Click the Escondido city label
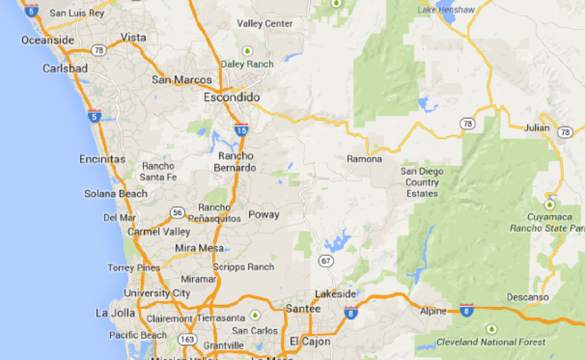tap(231, 97)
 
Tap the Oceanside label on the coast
tap(48, 40)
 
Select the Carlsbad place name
tap(64, 68)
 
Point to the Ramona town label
tap(364, 159)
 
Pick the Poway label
tap(263, 215)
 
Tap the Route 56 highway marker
tap(177, 213)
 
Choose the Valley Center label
tap(265, 24)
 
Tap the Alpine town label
tap(433, 311)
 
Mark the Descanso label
tap(528, 297)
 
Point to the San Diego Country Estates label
tap(422, 182)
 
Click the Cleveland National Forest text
tap(491, 342)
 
